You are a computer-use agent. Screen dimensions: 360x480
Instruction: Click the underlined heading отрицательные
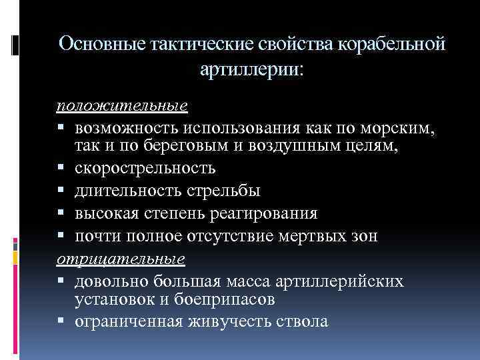tap(120, 257)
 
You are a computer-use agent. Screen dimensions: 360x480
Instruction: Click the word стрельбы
tap(226, 191)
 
